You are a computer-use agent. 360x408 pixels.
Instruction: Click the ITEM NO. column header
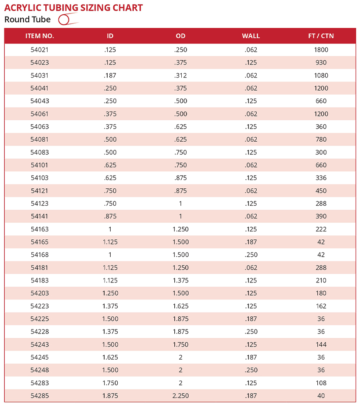coord(40,36)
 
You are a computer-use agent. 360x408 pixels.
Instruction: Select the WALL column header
coord(251,36)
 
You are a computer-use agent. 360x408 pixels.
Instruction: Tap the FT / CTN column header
coord(321,36)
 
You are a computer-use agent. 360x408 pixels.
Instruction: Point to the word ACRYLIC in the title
coord(22,8)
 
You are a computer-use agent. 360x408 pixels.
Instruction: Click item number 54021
coord(40,50)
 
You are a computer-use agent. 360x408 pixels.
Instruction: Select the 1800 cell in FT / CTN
coord(321,50)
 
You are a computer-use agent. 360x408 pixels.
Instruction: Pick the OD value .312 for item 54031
coord(180,75)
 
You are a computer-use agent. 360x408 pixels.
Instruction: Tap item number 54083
coord(40,152)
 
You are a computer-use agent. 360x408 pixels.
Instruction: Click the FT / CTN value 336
coord(321,178)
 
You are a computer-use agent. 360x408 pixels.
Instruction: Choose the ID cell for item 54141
coord(110,216)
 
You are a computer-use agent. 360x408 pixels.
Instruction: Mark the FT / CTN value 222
coord(321,229)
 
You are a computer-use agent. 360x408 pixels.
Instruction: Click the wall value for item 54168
coord(251,255)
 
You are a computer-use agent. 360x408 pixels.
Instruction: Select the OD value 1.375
coord(180,280)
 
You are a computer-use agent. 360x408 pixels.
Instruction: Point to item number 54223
coord(40,306)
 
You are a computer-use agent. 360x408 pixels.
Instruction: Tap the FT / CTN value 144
coord(321,344)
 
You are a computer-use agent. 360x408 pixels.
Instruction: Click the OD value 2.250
coord(180,396)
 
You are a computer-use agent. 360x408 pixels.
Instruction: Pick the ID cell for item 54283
coord(110,383)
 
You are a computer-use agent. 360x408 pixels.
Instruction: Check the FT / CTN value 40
coord(321,396)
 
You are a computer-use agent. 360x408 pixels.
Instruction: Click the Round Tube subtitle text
coord(27,20)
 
